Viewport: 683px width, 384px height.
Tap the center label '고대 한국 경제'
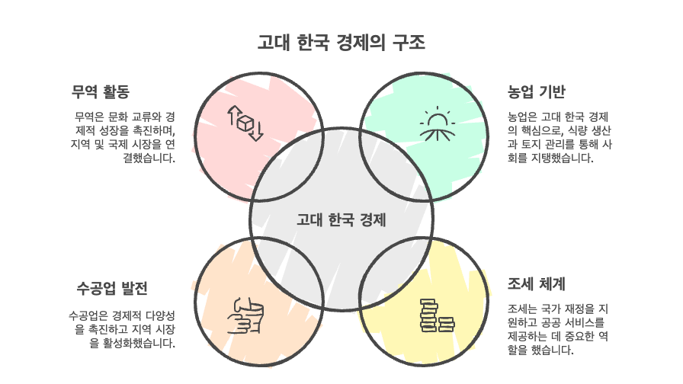(341, 220)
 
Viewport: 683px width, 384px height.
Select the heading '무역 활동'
(101, 92)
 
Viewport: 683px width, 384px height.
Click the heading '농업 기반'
(537, 92)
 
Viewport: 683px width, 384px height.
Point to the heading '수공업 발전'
(113, 288)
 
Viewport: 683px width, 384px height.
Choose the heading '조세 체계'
(537, 284)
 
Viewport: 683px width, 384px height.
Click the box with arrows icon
(245, 123)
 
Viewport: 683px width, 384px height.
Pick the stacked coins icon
(437, 315)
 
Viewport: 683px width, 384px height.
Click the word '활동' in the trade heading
(114, 92)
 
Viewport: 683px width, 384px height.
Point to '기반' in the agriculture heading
(552, 92)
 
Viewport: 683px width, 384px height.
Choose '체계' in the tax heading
(552, 284)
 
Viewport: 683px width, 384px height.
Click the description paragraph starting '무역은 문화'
(123, 137)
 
